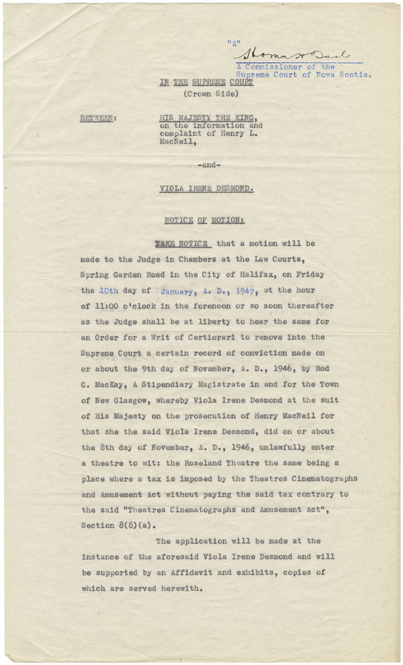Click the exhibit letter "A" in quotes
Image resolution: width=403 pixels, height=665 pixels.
pyautogui.click(x=235, y=43)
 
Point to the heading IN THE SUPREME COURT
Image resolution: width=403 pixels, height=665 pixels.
pyautogui.click(x=206, y=82)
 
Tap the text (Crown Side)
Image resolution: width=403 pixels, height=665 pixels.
pyautogui.click(x=211, y=94)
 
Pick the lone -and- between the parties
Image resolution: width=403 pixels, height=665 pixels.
pyautogui.click(x=209, y=165)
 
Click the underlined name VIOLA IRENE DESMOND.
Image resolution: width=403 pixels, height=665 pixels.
pyautogui.click(x=206, y=189)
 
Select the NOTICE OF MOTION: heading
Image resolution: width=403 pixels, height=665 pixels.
pyautogui.click(x=204, y=220)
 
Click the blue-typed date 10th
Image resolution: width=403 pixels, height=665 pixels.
pyautogui.click(x=108, y=290)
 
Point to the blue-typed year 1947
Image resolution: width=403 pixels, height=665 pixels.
pyautogui.click(x=245, y=291)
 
